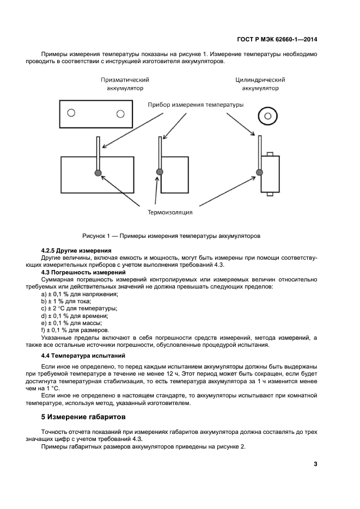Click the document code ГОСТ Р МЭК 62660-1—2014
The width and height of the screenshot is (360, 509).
point(278,39)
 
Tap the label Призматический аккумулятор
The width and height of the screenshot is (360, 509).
point(125,83)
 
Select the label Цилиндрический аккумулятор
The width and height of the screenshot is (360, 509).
point(260,83)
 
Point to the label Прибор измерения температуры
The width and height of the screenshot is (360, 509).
point(196,105)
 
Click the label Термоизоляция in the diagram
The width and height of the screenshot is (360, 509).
point(169,212)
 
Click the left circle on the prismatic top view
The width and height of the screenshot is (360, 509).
point(70,113)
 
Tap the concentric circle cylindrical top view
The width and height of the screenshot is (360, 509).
point(267,115)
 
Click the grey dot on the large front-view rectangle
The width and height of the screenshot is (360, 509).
point(98,173)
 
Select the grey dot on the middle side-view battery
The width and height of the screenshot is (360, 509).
point(160,172)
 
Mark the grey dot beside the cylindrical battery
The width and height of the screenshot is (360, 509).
point(259,172)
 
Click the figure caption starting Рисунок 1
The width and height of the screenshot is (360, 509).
point(171,236)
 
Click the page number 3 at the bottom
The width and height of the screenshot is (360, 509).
point(315,464)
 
